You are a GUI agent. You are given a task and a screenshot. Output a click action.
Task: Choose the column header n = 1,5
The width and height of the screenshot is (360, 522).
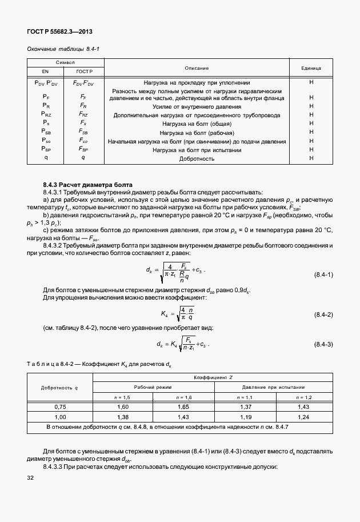click(x=122, y=396)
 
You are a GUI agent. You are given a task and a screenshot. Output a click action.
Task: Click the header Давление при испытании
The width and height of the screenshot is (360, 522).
click(x=277, y=387)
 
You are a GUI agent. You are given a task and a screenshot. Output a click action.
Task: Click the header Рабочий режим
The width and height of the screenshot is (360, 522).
click(x=153, y=387)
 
